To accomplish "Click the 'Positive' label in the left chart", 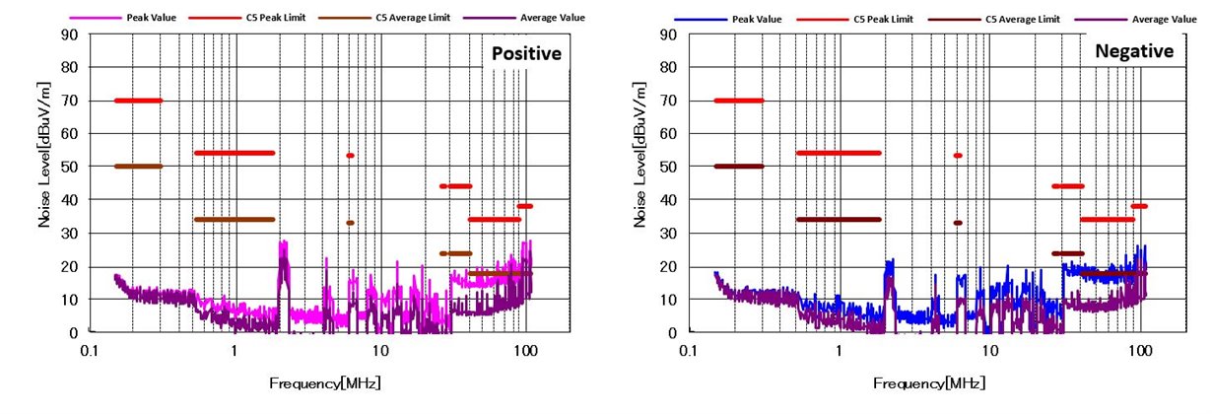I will point(527,52).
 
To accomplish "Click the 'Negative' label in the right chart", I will point(1134,51).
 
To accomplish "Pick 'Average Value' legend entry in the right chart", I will point(1162,19).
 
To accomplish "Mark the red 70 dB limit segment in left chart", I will point(138,100).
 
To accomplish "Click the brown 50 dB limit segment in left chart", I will point(138,166).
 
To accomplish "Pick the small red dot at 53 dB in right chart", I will point(957,155).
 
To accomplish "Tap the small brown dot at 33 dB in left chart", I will point(350,223).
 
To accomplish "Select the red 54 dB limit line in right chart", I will point(838,153).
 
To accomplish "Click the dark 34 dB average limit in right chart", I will point(838,219).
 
